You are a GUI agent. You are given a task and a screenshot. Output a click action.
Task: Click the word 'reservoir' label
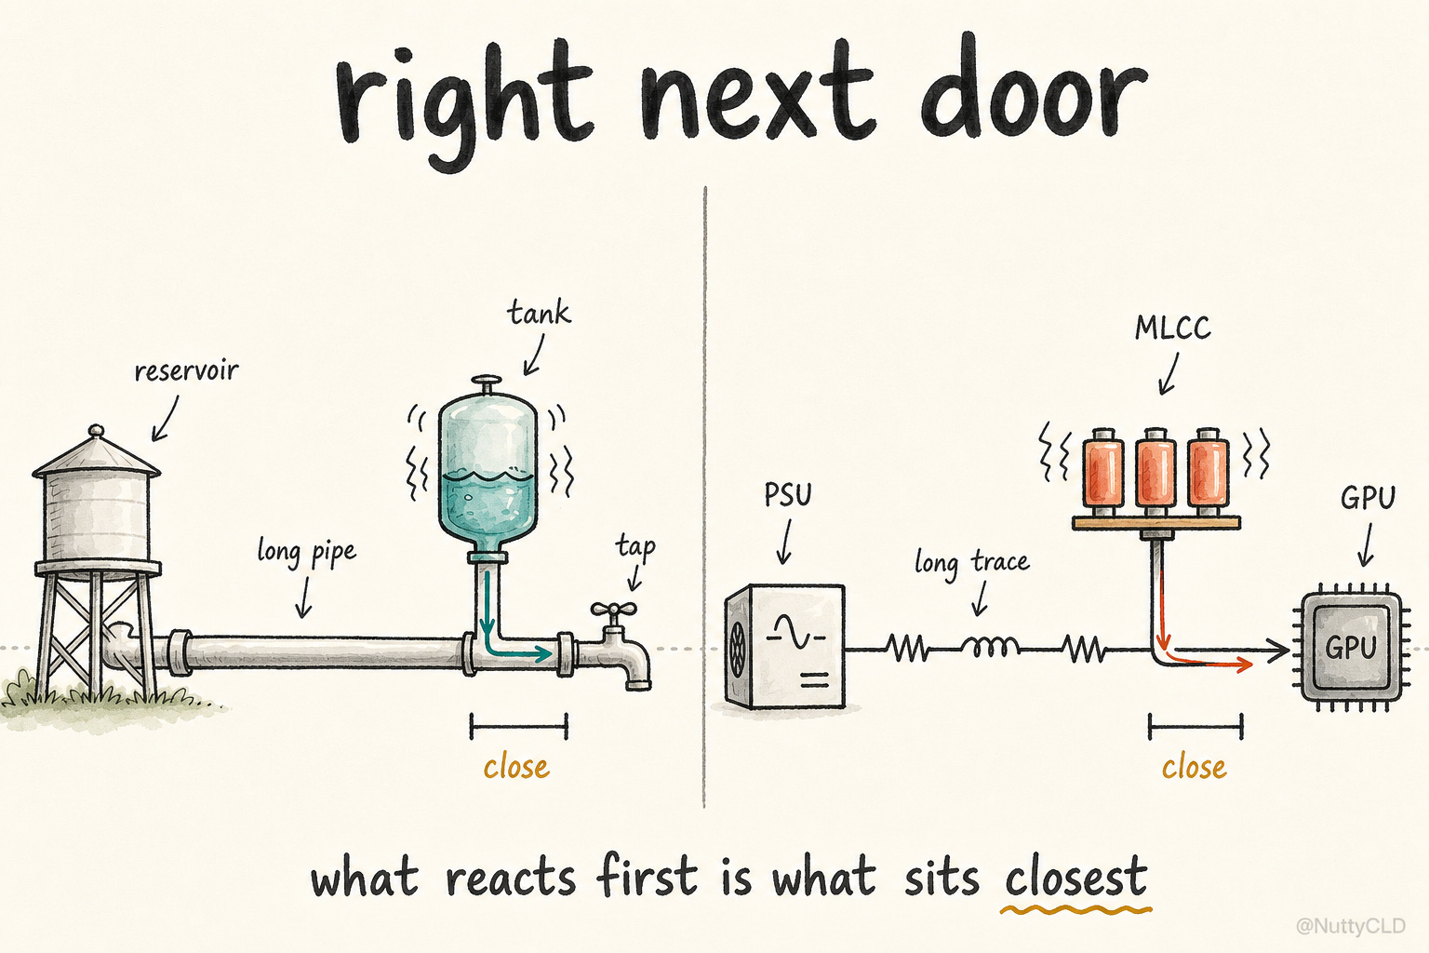coord(186,370)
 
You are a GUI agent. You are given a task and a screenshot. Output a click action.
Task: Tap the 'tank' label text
coord(539,313)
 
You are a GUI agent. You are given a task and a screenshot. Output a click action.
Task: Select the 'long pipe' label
coord(306,552)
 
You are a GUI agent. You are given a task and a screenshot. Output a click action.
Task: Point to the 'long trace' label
coord(971,562)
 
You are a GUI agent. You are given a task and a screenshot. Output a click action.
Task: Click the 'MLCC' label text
coord(1172,329)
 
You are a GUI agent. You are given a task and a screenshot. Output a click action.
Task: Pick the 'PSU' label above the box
coord(788,495)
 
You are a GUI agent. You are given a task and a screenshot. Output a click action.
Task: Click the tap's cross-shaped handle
coord(613,610)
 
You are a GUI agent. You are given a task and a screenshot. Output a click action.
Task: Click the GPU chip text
coord(1351,648)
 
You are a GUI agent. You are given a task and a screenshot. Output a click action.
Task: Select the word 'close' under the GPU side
coord(1194,768)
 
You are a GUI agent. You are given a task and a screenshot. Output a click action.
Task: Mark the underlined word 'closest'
coord(1075,879)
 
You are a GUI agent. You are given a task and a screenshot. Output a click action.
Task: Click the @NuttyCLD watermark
coord(1351,926)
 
